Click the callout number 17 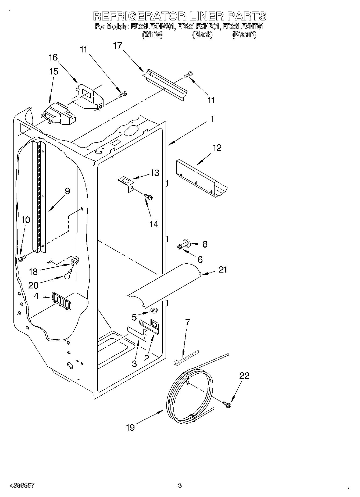(x=117, y=46)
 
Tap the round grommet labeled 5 (x=154, y=311)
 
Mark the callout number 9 (x=67, y=191)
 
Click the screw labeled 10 (x=21, y=259)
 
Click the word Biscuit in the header (x=244, y=35)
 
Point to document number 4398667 (x=22, y=485)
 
